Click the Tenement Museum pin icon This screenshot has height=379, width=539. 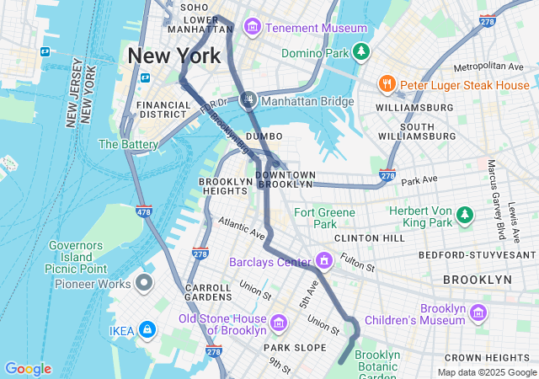(252, 28)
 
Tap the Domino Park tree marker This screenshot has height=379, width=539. (360, 53)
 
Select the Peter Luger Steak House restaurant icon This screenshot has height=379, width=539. (387, 84)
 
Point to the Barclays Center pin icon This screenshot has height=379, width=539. (323, 261)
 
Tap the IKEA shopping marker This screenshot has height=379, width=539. (147, 330)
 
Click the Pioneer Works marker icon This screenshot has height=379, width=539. (144, 283)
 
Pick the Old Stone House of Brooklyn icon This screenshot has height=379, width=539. (279, 322)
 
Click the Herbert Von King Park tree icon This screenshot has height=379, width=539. (464, 216)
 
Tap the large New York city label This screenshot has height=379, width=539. (173, 56)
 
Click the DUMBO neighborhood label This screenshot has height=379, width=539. (264, 136)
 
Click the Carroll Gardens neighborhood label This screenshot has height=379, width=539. (208, 292)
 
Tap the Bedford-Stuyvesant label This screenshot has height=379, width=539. (478, 254)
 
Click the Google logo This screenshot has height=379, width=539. (28, 369)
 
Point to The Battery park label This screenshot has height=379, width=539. (128, 144)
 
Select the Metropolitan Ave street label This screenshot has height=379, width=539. (488, 67)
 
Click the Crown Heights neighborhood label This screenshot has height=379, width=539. (498, 358)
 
